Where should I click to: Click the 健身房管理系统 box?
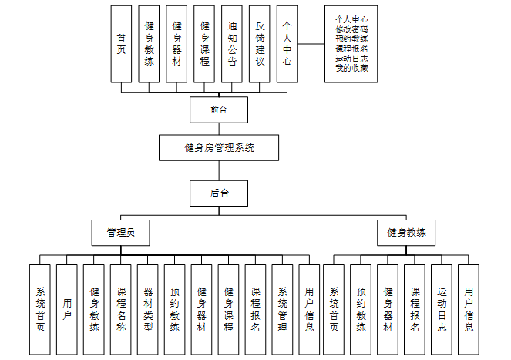220,147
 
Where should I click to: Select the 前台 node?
219,110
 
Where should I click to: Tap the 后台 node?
219,193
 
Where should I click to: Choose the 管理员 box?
120,231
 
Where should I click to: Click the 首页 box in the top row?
122,44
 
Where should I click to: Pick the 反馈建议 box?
260,44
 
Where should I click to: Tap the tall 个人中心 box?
287,44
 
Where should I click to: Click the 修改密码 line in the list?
351,29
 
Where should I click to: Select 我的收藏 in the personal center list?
351,69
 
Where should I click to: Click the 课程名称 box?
120,309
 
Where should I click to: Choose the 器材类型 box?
148,309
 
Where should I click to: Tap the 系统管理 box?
282,309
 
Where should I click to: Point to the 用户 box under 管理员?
66,309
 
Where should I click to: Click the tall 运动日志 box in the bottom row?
442,309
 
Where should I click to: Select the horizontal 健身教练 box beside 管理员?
406,231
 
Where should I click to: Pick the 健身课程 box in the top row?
204,44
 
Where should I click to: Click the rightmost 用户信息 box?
469,309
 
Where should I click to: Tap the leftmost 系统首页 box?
39,309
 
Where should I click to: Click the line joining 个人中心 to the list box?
311,44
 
